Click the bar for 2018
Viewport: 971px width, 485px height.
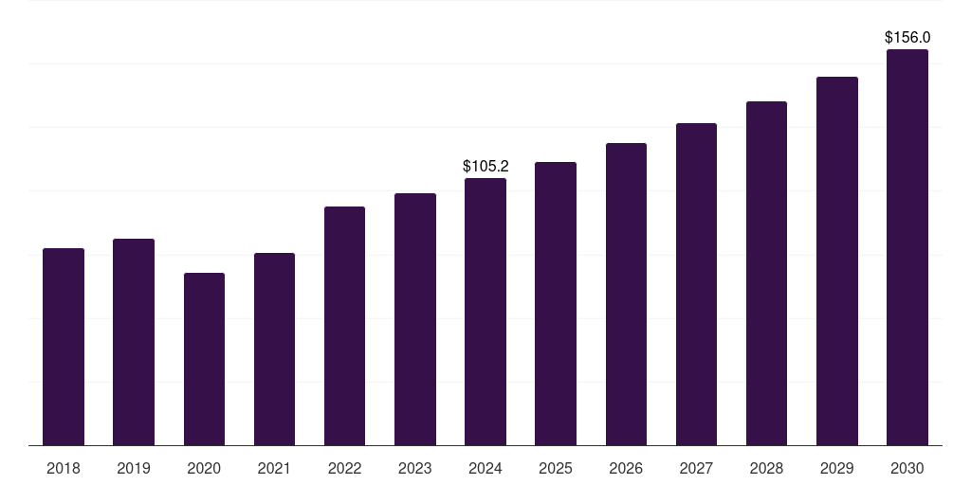[x=64, y=347]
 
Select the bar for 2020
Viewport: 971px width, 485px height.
[x=204, y=359]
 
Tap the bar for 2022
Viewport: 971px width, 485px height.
[x=344, y=326]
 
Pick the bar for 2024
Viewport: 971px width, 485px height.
[x=485, y=312]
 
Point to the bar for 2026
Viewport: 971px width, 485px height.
[x=626, y=295]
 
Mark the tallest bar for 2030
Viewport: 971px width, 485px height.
[x=907, y=247]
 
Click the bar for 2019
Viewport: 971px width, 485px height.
[x=134, y=342]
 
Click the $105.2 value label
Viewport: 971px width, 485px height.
[x=485, y=167]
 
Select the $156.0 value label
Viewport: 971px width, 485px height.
[x=907, y=38]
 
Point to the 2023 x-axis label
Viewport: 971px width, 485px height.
[x=415, y=468]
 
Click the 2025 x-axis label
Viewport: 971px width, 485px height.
[x=556, y=468]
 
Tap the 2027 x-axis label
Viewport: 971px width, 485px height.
[x=696, y=468]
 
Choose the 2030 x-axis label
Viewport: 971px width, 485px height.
[x=907, y=468]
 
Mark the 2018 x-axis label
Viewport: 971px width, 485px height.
[x=64, y=468]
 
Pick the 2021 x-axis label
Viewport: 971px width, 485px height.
[x=274, y=468]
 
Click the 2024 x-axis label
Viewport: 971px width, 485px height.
[x=485, y=468]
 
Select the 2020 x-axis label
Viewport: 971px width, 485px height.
[x=204, y=468]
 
